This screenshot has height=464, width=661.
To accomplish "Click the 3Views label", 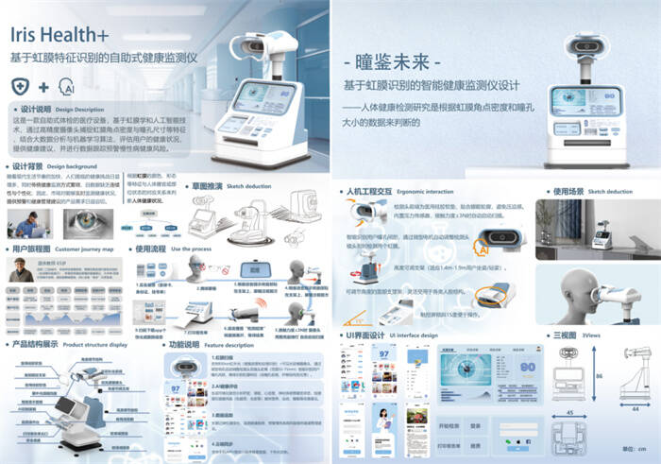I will click(x=593, y=335).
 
